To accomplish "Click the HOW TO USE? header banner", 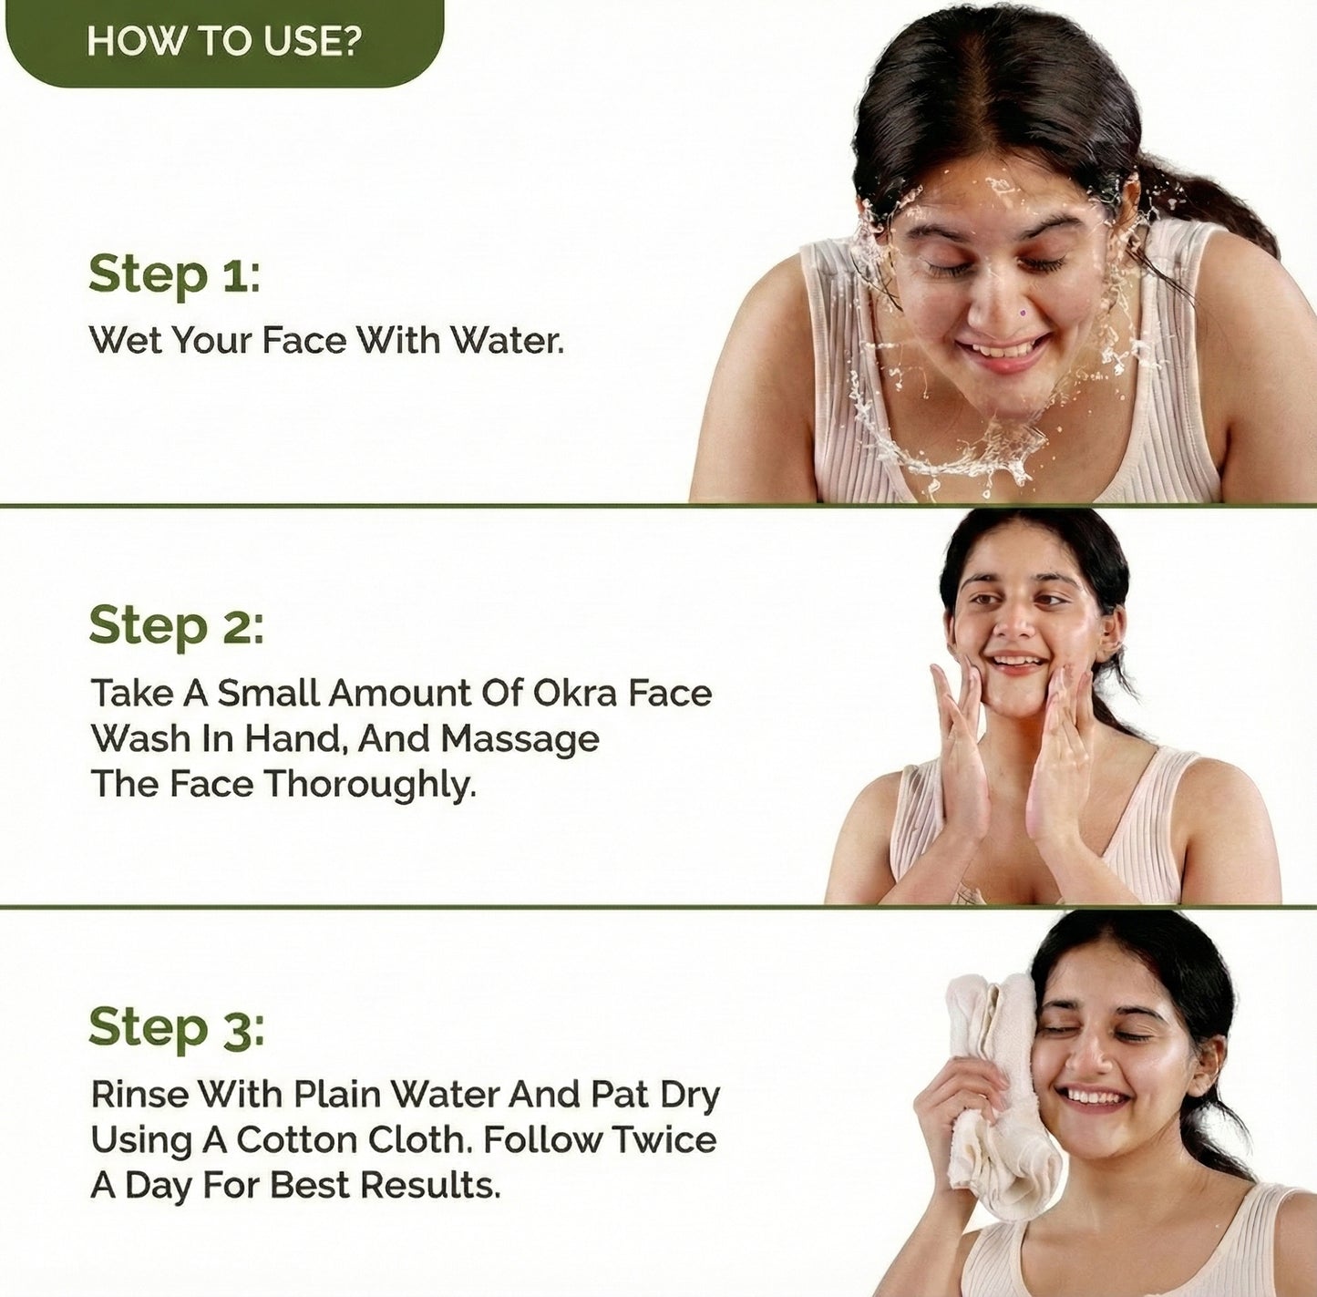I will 223,42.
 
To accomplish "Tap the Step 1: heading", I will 174,274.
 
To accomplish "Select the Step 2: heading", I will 176,625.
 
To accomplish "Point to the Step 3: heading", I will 176,1027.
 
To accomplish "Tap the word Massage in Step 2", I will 520,738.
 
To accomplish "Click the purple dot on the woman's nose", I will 1022,313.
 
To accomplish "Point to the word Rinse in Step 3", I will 139,1094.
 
